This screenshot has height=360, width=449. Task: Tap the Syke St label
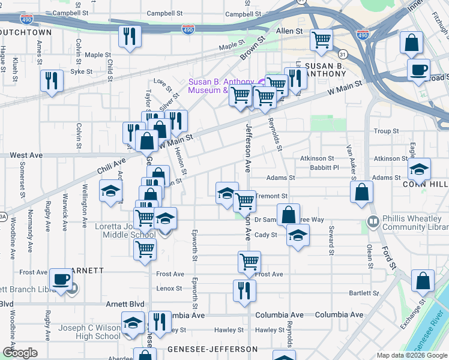point(82,71)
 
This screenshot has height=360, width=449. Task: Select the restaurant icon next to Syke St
point(52,82)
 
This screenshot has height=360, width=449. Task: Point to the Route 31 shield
point(340,53)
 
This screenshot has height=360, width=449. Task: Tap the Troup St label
point(386,131)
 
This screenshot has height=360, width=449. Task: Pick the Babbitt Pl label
point(328,167)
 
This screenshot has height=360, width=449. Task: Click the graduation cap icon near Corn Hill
point(419,169)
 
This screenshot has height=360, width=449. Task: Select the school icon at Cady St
point(298,235)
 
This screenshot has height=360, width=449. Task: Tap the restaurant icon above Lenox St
point(244,291)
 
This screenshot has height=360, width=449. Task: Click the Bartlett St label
point(364,293)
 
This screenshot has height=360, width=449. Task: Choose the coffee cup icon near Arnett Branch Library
point(61,280)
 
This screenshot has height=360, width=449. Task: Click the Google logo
point(20,353)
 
